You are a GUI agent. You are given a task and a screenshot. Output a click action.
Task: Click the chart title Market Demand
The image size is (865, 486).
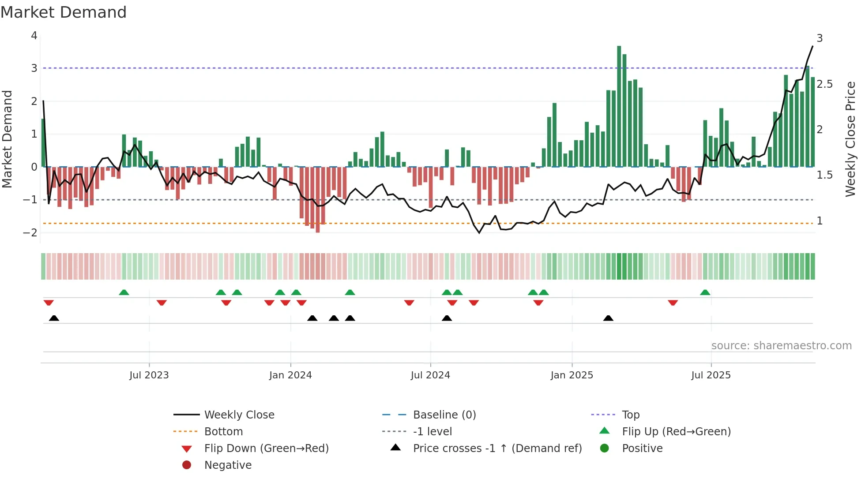[64, 12]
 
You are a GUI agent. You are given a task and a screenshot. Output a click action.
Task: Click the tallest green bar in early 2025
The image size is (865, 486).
[619, 106]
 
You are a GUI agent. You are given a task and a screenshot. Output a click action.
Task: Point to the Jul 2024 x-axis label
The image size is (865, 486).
[430, 375]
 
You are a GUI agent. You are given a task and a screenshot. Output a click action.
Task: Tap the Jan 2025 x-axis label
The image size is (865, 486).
[572, 375]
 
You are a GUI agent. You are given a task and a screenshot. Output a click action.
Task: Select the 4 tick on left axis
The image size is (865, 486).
[34, 36]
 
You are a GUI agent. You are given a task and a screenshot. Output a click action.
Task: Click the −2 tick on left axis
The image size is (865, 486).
[30, 233]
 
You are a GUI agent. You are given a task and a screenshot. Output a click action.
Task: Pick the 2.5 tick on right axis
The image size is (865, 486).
[824, 84]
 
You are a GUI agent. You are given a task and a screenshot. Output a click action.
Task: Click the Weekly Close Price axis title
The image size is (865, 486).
[850, 139]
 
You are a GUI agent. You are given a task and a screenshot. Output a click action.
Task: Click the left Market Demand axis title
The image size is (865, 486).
[7, 139]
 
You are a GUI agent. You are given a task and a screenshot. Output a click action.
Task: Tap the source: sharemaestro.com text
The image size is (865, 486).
[781, 346]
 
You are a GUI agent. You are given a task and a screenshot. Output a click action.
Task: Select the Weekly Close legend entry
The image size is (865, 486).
[239, 415]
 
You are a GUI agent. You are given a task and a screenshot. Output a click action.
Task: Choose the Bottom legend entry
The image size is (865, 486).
[223, 432]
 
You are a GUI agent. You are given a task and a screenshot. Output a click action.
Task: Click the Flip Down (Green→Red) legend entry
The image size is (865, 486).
[266, 449]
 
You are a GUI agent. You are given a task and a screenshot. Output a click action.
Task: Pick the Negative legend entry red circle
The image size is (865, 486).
[187, 465]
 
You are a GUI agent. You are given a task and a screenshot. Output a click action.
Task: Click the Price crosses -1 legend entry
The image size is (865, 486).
[497, 449]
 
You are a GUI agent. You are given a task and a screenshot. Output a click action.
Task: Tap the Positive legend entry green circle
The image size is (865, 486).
[605, 449]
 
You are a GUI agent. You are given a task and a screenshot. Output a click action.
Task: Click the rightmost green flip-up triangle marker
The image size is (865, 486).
[705, 292]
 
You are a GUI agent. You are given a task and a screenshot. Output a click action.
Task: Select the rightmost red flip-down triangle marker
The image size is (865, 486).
[673, 303]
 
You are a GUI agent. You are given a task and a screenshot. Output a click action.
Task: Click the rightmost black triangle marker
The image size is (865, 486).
[608, 318]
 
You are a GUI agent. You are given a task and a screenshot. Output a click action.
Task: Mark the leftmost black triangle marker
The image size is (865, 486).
[54, 318]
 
